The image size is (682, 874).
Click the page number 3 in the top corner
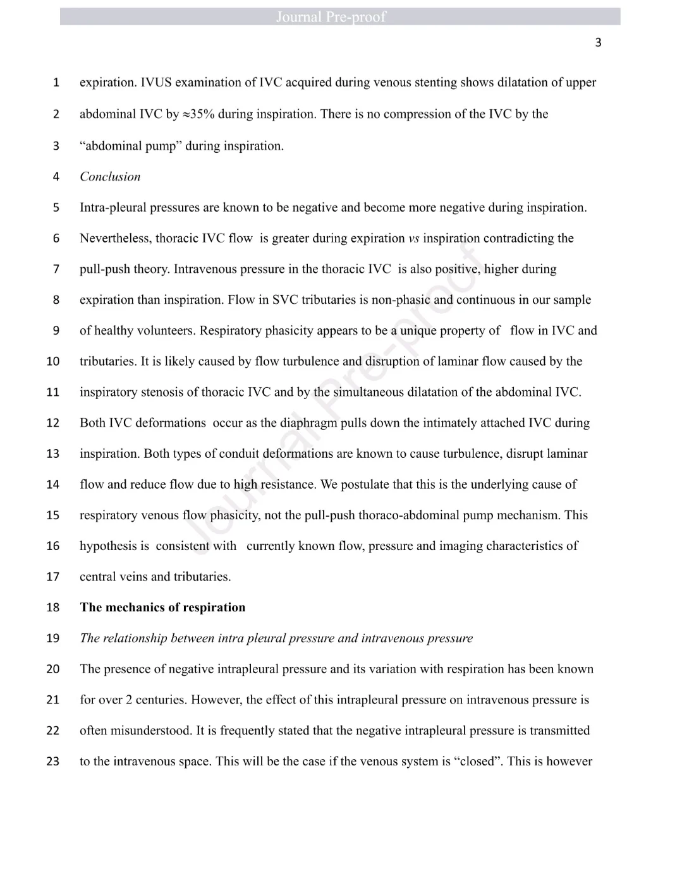[x=598, y=43]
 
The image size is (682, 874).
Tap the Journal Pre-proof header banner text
[x=331, y=17]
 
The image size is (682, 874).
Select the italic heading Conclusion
[x=110, y=177]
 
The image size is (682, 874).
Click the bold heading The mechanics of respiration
[x=162, y=608]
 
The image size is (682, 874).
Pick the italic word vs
[x=414, y=239]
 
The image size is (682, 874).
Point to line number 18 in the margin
[x=53, y=608]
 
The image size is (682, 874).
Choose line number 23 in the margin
[x=53, y=762]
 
